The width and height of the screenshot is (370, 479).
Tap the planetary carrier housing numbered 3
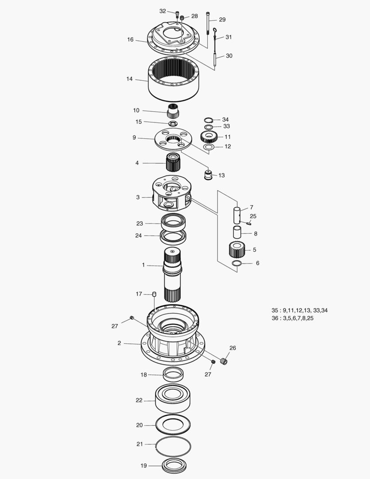coord(171,195)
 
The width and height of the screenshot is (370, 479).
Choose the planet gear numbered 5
coord(238,250)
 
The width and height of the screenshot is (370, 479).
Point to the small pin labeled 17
coord(154,294)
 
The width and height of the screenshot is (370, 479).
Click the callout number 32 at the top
coord(163,11)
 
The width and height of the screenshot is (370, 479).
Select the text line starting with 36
coord(292,318)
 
